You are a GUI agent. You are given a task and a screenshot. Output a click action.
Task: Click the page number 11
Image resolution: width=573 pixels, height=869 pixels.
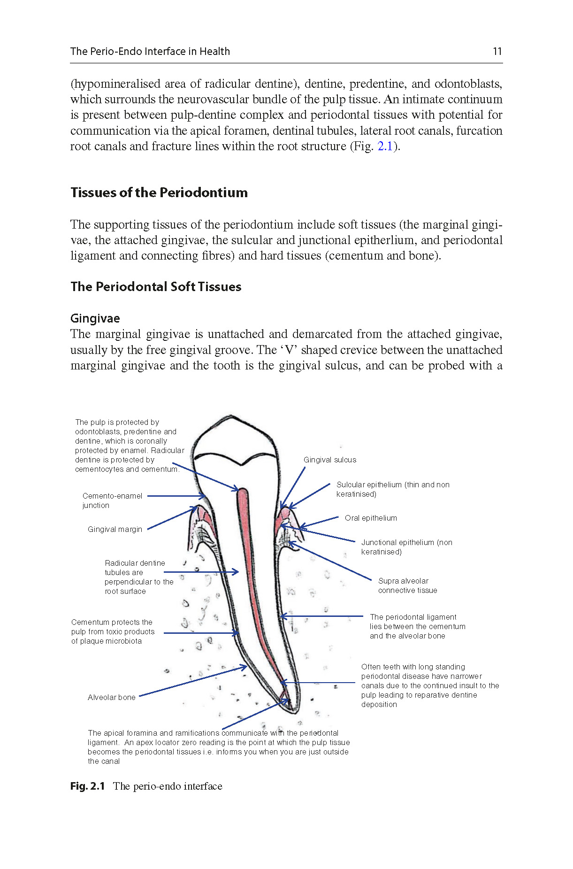[x=497, y=51]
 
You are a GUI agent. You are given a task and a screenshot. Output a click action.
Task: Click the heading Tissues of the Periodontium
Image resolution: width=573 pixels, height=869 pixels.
[x=159, y=192]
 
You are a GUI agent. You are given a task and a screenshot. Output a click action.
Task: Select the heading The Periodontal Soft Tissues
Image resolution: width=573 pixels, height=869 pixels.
[x=156, y=286]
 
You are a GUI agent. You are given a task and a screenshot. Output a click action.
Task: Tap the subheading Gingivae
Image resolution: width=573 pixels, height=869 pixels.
[x=95, y=318]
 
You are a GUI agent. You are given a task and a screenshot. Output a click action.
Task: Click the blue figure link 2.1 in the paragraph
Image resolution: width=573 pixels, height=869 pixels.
[x=385, y=146]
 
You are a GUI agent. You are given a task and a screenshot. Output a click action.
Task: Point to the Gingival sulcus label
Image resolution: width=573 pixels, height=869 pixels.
[x=329, y=460]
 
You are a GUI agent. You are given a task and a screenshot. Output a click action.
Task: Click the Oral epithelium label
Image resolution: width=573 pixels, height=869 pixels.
[x=371, y=518]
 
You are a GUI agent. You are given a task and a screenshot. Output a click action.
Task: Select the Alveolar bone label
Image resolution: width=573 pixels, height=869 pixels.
[x=111, y=697]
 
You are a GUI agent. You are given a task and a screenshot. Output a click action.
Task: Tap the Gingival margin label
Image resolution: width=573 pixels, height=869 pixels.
[x=115, y=529]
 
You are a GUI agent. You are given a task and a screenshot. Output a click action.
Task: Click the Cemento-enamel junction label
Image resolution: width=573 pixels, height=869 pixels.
[x=112, y=500]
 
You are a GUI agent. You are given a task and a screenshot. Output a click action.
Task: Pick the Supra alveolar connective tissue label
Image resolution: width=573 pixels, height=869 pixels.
[x=407, y=585]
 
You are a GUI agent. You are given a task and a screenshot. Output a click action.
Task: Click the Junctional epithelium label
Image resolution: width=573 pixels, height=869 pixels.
[x=406, y=547]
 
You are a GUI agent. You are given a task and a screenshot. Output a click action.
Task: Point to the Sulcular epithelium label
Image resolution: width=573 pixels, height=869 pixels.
[x=392, y=489]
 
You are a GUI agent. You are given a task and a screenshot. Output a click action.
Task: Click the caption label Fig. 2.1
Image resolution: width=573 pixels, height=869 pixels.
[x=87, y=786]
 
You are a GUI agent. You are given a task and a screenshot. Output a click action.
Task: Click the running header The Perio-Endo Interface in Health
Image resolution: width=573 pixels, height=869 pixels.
[x=150, y=51]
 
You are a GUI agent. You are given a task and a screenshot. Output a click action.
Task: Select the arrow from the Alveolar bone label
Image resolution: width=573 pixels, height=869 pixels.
[x=192, y=681]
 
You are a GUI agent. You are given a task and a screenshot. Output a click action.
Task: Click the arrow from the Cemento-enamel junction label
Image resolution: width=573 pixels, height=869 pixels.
[x=176, y=496]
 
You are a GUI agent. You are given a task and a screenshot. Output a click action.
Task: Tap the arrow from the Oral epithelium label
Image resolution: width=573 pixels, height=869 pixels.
[x=319, y=523]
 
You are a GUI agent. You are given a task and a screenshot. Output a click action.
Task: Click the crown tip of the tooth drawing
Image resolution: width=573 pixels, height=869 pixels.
[x=230, y=416]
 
